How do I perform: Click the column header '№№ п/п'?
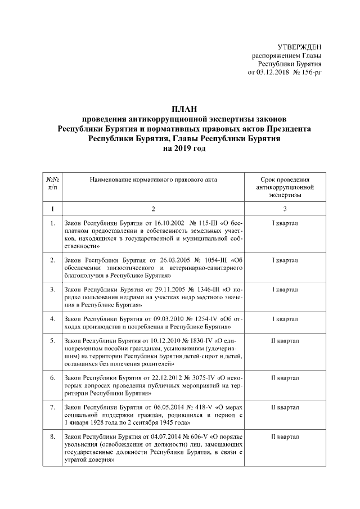click(52, 182)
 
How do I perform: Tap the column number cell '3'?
click(285, 209)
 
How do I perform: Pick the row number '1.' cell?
click(52, 224)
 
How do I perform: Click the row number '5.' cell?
click(52, 341)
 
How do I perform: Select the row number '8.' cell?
click(52, 436)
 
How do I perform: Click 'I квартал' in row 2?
click(285, 260)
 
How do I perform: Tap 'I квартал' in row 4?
click(285, 319)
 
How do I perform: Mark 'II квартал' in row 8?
click(285, 436)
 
